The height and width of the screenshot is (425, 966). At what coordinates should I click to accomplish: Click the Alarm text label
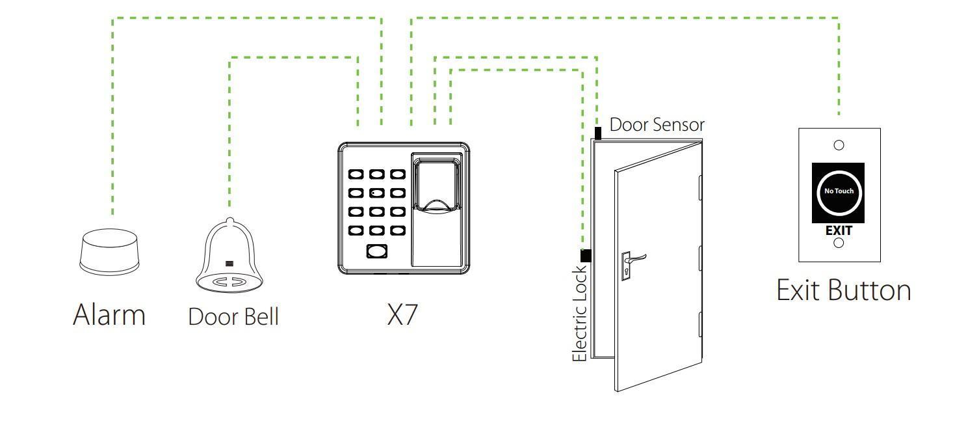[x=109, y=315]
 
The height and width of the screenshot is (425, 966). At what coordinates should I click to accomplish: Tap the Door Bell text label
[x=233, y=317]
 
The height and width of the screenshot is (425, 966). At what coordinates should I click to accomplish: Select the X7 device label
[x=402, y=315]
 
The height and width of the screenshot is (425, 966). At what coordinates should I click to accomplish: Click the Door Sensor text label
[x=657, y=125]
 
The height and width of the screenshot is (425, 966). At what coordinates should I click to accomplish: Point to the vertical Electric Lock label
[x=579, y=313]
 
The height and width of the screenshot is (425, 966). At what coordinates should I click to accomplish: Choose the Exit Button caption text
[x=844, y=290]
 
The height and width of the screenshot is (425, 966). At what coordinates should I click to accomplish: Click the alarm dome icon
[x=110, y=251]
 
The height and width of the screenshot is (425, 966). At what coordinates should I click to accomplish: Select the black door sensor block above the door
[x=597, y=133]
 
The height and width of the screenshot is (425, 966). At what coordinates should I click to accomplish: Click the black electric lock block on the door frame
[x=586, y=256]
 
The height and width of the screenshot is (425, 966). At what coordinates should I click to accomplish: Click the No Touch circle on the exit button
[x=839, y=191]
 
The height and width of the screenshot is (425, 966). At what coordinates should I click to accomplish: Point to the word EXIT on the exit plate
[x=839, y=230]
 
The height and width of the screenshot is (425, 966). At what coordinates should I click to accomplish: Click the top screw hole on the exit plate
[x=839, y=145]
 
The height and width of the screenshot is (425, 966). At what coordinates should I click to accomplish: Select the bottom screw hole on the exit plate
[x=839, y=243]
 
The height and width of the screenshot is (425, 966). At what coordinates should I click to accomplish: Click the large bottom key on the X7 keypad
[x=376, y=252]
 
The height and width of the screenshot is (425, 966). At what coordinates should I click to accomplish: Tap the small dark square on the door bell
[x=229, y=263]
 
